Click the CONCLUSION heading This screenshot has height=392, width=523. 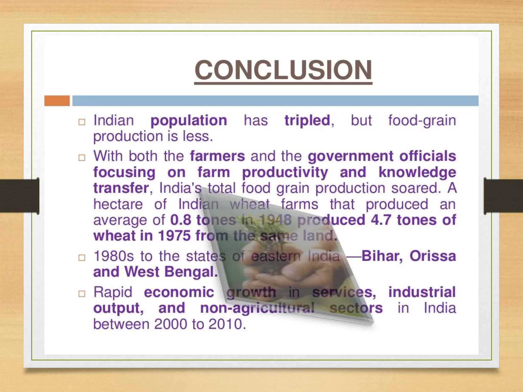pyautogui.click(x=283, y=70)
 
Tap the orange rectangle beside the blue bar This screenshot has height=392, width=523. pyautogui.click(x=57, y=101)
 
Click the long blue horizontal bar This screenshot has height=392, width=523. pyautogui.click(x=275, y=101)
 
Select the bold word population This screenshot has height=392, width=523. pyautogui.click(x=188, y=120)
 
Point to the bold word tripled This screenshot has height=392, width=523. pyautogui.click(x=307, y=120)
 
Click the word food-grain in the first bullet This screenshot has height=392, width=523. pyautogui.click(x=422, y=120)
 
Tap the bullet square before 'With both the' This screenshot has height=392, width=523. pyautogui.click(x=82, y=157)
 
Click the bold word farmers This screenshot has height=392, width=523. pyautogui.click(x=217, y=156)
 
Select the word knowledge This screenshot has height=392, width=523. pyautogui.click(x=417, y=172)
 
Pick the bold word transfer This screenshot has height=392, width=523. pyautogui.click(x=121, y=188)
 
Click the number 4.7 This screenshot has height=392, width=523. pyautogui.click(x=381, y=220)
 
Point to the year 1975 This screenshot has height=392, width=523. pyautogui.click(x=174, y=236)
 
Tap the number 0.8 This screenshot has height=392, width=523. pyautogui.click(x=180, y=220)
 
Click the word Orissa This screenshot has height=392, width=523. pyautogui.click(x=433, y=256)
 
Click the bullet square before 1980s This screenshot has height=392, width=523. pyautogui.click(x=82, y=258)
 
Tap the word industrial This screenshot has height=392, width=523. pyautogui.click(x=422, y=292)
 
